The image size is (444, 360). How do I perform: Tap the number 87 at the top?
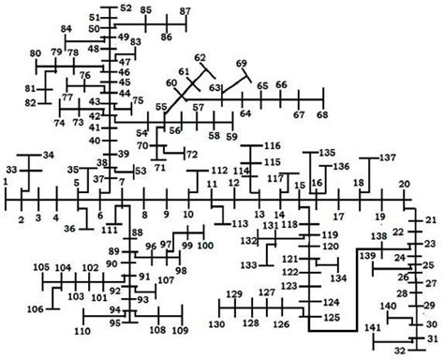185,12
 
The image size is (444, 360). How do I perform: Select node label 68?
322,115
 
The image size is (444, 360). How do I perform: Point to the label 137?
388,158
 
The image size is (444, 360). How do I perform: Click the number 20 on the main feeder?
404,185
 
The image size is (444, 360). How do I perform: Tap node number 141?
373,327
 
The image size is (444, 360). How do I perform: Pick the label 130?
217,324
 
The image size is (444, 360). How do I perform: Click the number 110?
83,331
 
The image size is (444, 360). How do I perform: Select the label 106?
35,309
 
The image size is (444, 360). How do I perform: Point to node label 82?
31,102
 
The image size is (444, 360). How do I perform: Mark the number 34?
49,156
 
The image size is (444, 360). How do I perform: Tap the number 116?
272,146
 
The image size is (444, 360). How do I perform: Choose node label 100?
205,246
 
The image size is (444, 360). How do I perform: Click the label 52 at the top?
126,8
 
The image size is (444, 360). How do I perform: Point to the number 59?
229,137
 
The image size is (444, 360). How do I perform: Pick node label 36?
69,228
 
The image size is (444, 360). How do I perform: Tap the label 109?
180,331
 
